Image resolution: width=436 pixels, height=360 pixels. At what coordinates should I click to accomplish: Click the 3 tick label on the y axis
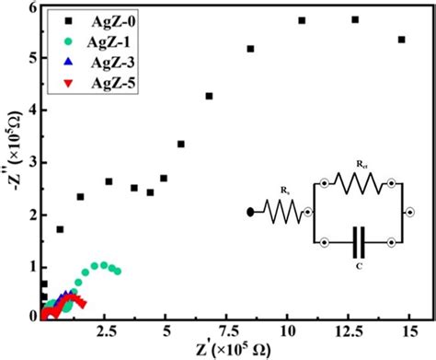tap(30, 163)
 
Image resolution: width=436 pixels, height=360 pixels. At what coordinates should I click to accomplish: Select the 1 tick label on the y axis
tap(30, 267)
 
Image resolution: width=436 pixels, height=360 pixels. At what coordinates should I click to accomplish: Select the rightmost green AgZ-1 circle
tap(117, 272)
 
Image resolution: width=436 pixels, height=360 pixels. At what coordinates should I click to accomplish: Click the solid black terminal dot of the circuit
tap(251, 212)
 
